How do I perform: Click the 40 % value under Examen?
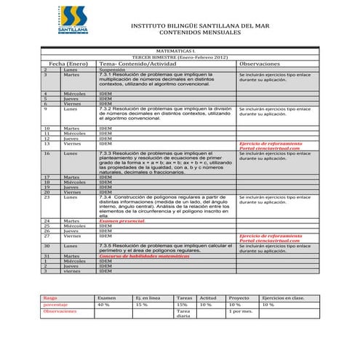103,304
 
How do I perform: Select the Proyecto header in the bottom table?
239,297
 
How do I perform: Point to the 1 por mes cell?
241,311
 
